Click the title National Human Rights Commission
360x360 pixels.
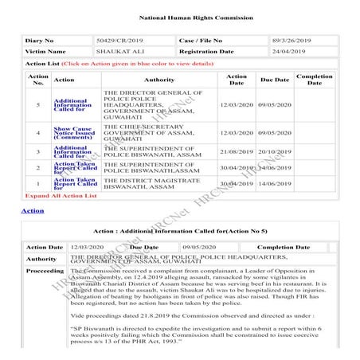click(180, 16)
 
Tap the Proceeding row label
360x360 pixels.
click(45, 271)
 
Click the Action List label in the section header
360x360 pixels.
click(41, 62)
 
